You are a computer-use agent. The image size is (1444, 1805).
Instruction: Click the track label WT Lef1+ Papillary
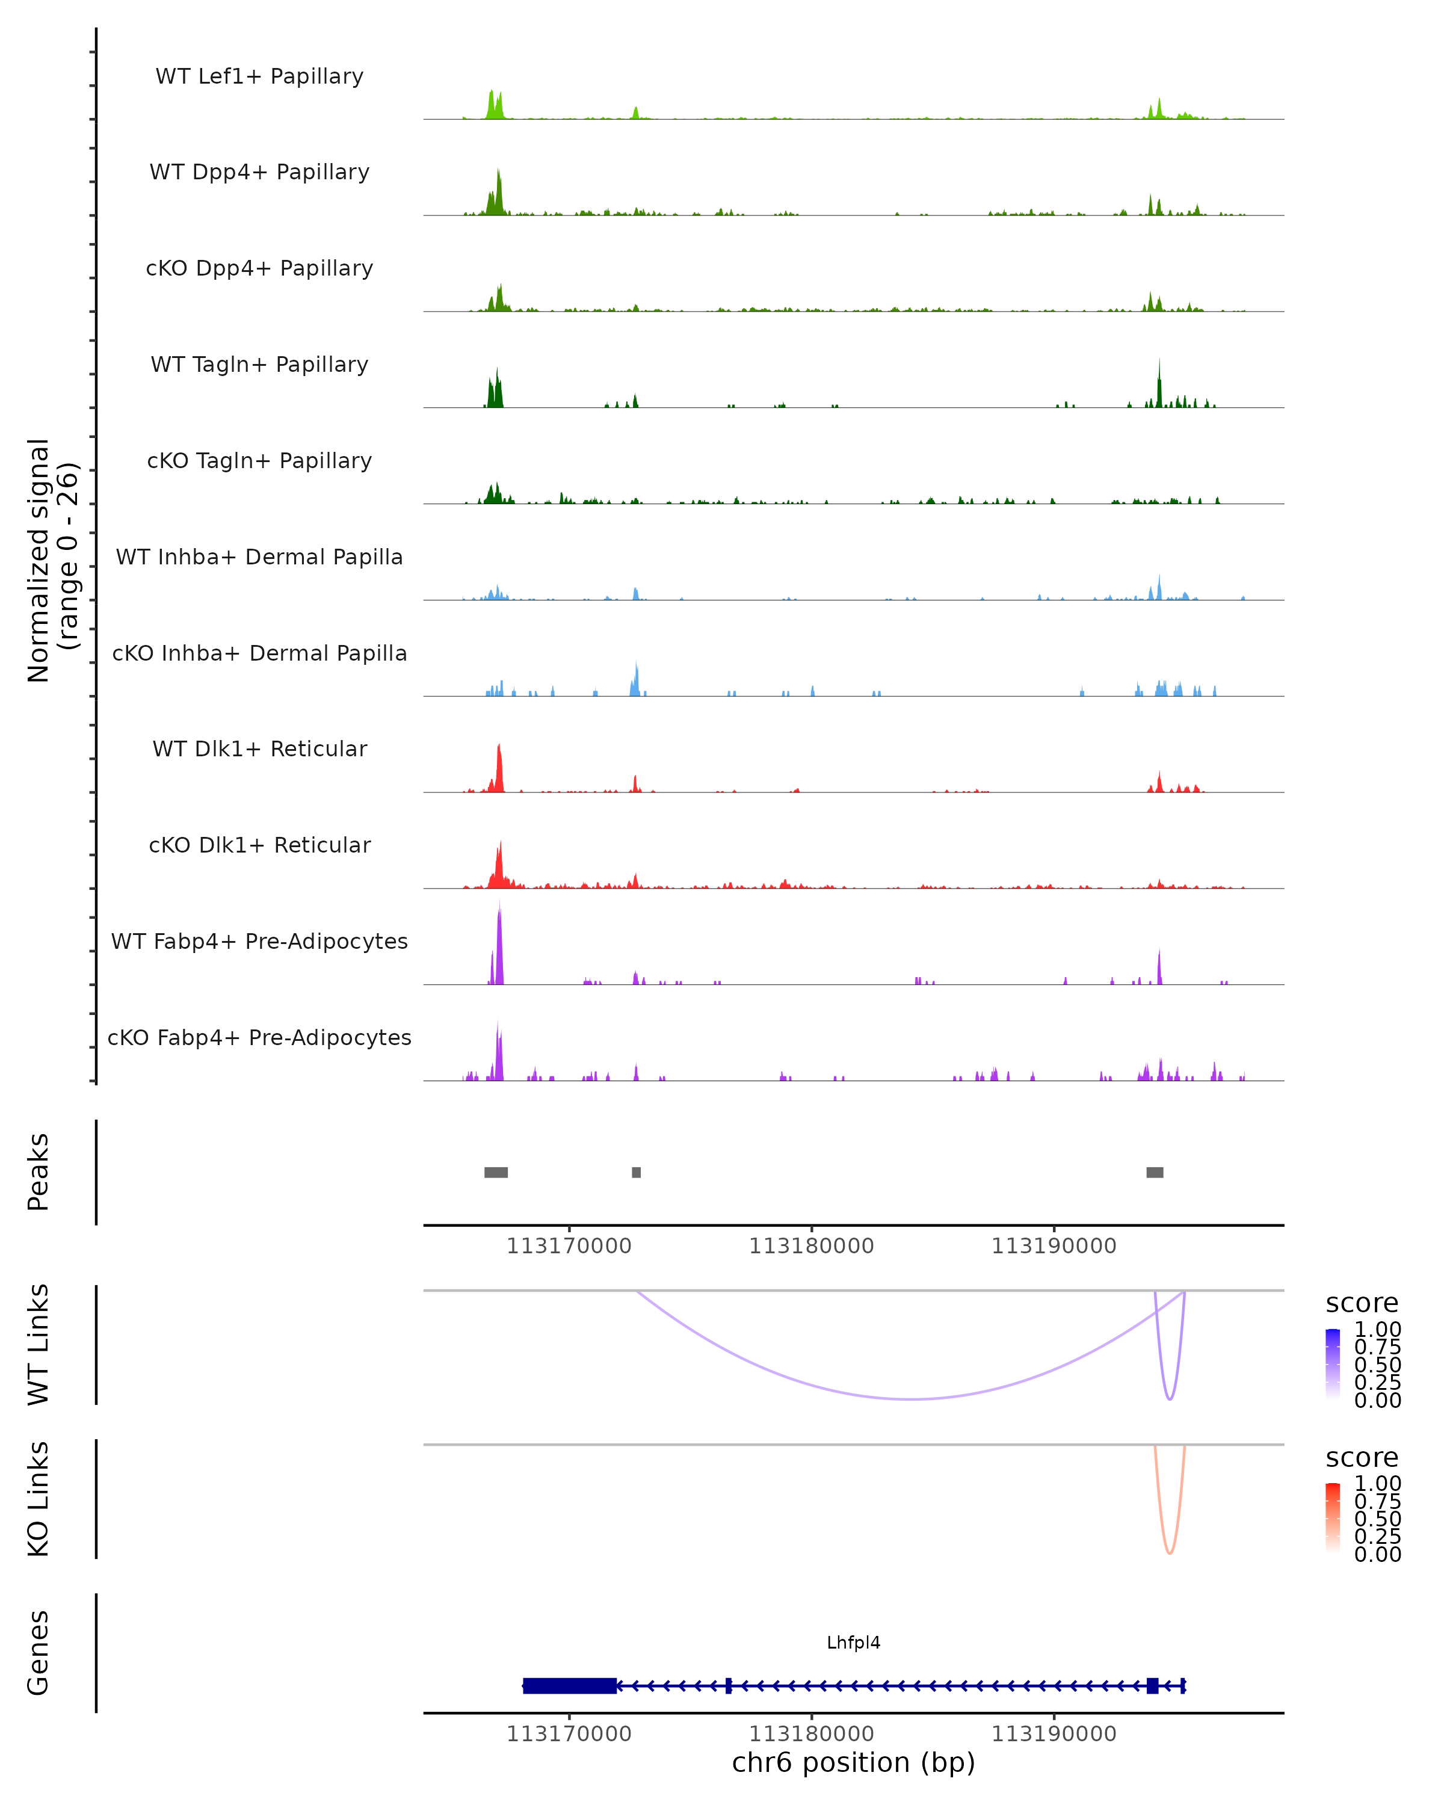259,76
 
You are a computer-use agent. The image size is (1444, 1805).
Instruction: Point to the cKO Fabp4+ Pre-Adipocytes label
259,1037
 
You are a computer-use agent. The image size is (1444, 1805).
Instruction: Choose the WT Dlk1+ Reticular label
259,749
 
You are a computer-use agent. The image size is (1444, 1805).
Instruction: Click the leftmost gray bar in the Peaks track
496,1172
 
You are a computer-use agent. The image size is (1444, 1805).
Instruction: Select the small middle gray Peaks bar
636,1172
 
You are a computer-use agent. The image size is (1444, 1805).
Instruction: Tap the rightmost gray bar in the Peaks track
1155,1172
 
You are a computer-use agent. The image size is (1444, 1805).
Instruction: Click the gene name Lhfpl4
853,1643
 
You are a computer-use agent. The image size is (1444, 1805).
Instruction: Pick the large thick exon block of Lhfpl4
570,1685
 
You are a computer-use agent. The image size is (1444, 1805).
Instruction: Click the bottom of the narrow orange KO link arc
1170,1553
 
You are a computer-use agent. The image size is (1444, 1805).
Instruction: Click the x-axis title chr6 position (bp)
853,1762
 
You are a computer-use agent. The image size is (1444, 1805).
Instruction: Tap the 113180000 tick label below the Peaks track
811,1247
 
